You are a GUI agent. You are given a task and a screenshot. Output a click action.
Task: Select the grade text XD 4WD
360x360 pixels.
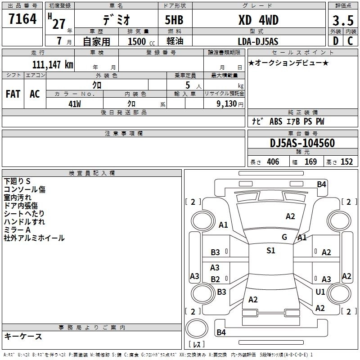pyautogui.click(x=258, y=20)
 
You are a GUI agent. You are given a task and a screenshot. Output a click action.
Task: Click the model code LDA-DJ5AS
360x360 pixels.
pyautogui.click(x=258, y=41)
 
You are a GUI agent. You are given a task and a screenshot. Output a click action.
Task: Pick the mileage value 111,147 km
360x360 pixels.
pyautogui.click(x=53, y=64)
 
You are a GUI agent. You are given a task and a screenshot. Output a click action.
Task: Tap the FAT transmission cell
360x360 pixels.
pyautogui.click(x=13, y=94)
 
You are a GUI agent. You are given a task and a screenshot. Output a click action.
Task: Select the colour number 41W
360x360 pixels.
pyautogui.click(x=75, y=103)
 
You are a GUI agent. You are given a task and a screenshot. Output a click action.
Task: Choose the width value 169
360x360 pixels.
pyautogui.click(x=310, y=162)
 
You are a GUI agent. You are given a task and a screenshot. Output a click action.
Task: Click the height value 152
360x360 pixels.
pyautogui.click(x=346, y=162)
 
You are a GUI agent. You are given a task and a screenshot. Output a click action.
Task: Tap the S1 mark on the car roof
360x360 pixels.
pyautogui.click(x=270, y=251)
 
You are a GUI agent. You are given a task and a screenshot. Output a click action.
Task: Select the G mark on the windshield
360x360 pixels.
pyautogui.click(x=284, y=237)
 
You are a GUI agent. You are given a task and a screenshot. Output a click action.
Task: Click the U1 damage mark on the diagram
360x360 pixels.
pyautogui.click(x=320, y=292)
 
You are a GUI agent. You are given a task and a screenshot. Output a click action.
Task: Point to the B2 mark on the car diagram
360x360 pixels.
pyautogui.click(x=215, y=279)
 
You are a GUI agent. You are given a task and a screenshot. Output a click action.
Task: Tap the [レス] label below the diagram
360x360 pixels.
pyautogui.click(x=196, y=345)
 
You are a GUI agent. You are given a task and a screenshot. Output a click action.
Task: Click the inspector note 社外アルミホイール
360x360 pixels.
pyautogui.click(x=34, y=238)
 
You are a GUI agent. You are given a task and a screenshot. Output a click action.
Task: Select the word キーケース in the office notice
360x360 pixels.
pyautogui.click(x=23, y=337)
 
